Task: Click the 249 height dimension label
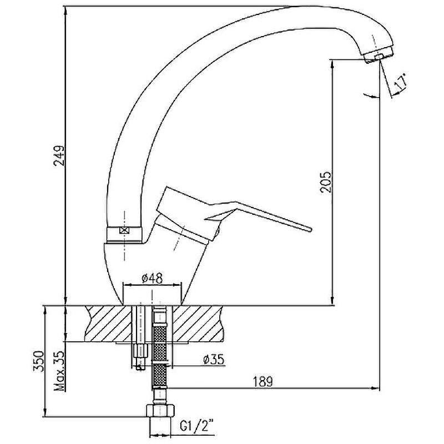(60, 155)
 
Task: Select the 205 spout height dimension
(326, 182)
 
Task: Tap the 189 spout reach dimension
(263, 381)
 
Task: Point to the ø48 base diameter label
(152, 279)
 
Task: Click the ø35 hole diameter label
(214, 359)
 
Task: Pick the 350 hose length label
(39, 361)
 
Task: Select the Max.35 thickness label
(59, 371)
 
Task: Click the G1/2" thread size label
(197, 426)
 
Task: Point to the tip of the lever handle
(310, 229)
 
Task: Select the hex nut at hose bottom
(160, 411)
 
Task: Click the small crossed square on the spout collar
(124, 230)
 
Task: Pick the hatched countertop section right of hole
(198, 324)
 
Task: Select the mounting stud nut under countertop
(140, 351)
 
